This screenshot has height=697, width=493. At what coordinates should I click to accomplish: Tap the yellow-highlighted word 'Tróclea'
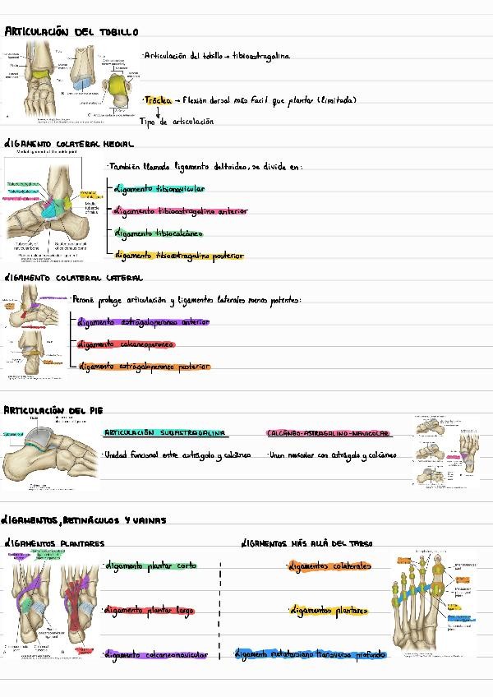pyautogui.click(x=158, y=100)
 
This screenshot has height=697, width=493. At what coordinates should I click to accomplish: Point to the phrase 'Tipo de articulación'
pyautogui.click(x=177, y=122)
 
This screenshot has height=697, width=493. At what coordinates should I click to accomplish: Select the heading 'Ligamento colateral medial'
pyautogui.click(x=69, y=144)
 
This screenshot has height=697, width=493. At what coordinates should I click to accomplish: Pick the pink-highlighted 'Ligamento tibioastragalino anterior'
pyautogui.click(x=180, y=211)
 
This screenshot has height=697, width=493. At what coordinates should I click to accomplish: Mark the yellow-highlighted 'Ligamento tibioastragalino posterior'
pyautogui.click(x=179, y=256)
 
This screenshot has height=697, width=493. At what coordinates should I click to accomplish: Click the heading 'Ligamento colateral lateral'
pyautogui.click(x=73, y=278)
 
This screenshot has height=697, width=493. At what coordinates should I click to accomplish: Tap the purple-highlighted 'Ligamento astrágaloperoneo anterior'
pyautogui.click(x=143, y=322)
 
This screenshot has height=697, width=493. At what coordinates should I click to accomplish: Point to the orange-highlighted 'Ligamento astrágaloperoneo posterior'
pyautogui.click(x=144, y=367)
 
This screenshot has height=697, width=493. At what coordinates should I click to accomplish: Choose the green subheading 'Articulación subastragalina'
pyautogui.click(x=164, y=433)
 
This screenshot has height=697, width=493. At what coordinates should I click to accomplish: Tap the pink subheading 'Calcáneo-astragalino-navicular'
pyautogui.click(x=328, y=433)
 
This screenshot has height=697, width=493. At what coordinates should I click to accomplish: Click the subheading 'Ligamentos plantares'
pyautogui.click(x=54, y=543)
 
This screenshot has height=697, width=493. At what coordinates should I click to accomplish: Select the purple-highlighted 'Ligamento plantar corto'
pyautogui.click(x=150, y=566)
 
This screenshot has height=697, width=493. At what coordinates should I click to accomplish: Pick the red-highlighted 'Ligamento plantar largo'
pyautogui.click(x=149, y=611)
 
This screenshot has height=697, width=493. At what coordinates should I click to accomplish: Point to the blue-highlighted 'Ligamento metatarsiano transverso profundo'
pyautogui.click(x=310, y=655)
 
